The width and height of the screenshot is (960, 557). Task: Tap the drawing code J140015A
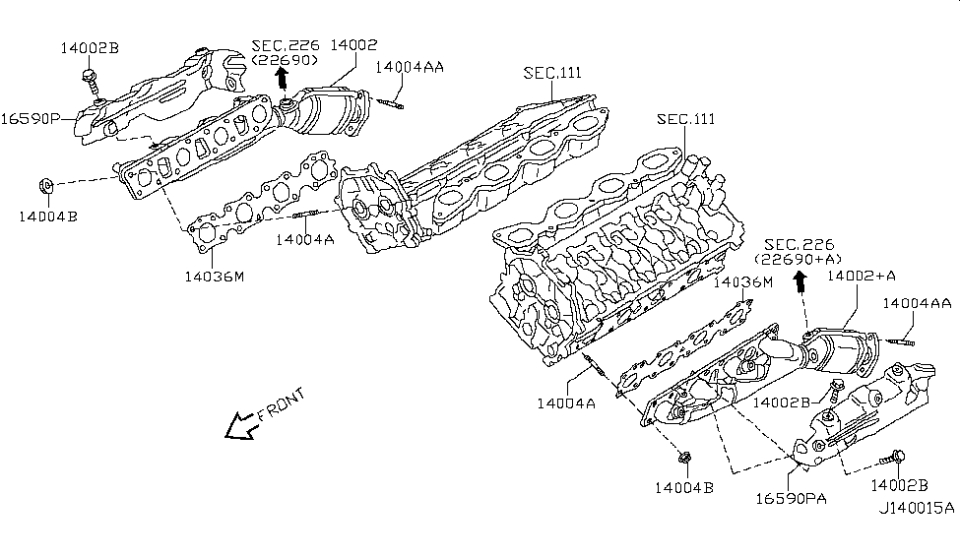tap(917, 509)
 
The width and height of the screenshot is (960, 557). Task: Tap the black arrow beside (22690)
tap(283, 78)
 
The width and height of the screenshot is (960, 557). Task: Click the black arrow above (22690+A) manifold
tap(800, 281)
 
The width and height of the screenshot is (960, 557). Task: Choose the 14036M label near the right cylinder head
tap(743, 282)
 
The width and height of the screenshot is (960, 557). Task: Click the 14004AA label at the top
tap(409, 67)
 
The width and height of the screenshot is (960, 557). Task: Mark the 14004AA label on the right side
tap(917, 303)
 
